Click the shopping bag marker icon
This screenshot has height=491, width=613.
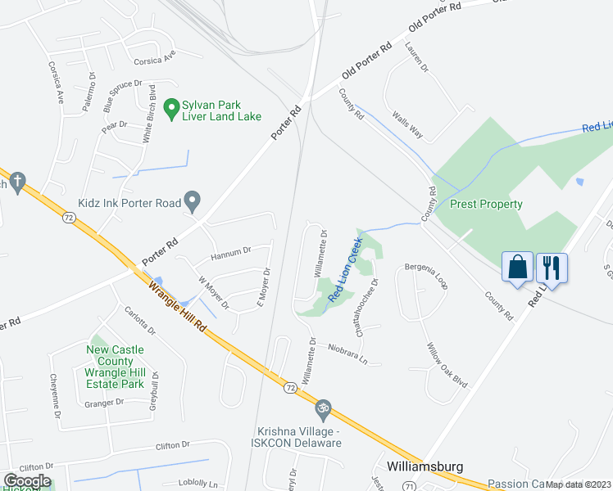517,268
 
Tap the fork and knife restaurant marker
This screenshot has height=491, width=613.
552,268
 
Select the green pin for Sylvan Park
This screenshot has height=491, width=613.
171,107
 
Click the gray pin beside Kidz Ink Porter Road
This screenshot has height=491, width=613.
193,200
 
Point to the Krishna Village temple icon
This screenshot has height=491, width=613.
323,407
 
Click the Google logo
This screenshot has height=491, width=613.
27,481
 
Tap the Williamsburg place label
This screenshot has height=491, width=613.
425,466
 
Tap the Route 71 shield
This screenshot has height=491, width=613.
384,485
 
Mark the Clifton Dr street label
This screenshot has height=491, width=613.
173,445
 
